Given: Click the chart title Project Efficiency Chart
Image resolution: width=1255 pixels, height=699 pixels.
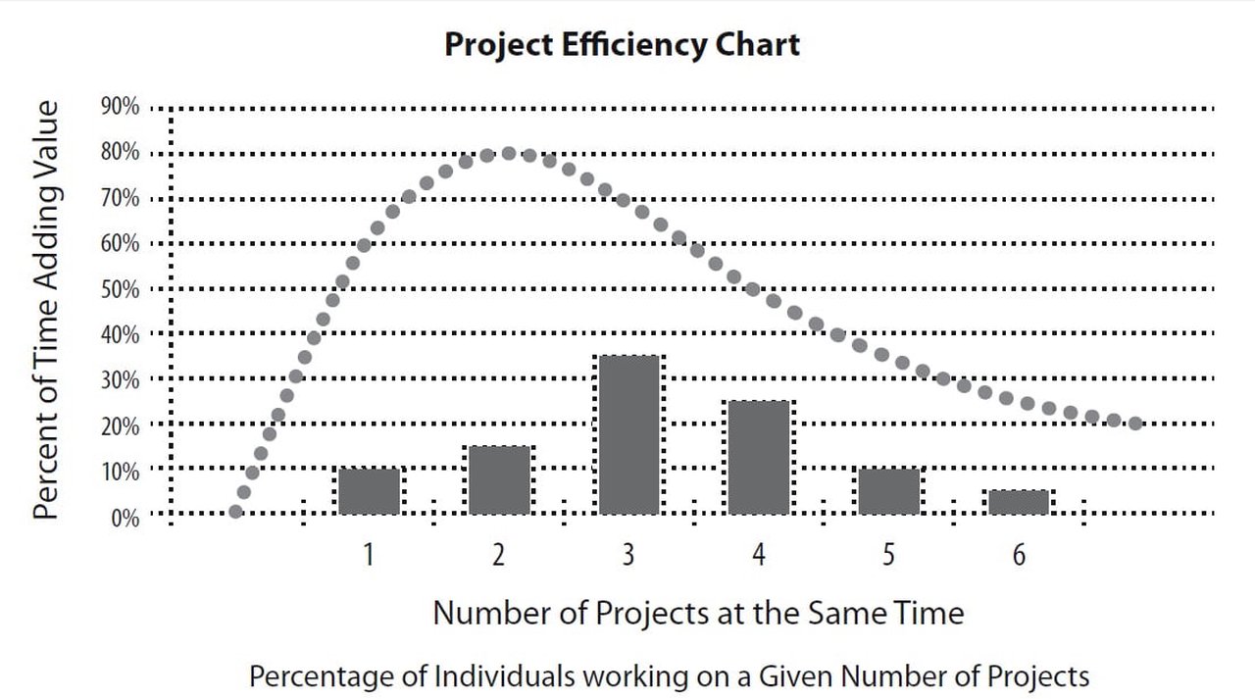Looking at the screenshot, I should click(622, 44).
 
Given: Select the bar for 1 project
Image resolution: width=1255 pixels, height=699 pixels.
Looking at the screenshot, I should click(369, 491).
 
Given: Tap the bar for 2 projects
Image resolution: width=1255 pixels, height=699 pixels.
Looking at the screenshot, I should click(499, 480).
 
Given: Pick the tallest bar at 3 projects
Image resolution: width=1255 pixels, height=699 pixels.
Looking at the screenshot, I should click(628, 435).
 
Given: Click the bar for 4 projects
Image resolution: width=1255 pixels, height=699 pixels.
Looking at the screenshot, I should click(759, 458).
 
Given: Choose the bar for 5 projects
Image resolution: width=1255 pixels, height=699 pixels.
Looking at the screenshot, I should click(888, 491).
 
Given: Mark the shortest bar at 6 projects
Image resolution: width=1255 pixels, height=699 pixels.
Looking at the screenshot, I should click(1019, 502).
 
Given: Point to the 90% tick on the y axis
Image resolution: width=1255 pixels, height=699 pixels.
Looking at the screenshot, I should click(120, 107).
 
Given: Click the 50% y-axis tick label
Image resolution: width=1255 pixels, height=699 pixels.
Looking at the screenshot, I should click(120, 289).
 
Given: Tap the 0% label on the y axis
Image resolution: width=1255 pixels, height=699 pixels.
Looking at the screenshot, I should click(124, 517).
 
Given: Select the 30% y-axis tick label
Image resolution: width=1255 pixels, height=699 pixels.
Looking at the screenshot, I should click(120, 380).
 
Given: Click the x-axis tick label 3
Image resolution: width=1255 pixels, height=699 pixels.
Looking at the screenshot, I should click(628, 555).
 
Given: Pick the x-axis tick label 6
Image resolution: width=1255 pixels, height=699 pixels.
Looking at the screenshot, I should click(1019, 555).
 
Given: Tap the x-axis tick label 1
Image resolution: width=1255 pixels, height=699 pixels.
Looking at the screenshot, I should click(369, 555).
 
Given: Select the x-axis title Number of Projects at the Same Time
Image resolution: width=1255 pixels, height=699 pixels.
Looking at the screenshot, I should click(698, 613).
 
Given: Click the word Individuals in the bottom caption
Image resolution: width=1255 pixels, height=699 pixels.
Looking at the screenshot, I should click(501, 675).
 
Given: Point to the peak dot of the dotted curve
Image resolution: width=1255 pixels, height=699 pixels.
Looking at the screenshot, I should click(509, 154).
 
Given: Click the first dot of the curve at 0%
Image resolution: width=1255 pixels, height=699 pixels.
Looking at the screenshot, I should click(235, 511).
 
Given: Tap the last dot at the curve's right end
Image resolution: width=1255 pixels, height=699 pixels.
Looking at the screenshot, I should click(1135, 424).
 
